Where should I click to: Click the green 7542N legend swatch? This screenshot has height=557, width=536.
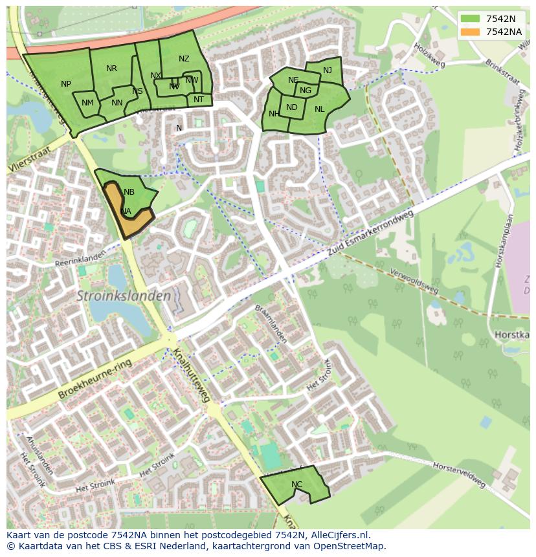pyautogui.click(x=471, y=19)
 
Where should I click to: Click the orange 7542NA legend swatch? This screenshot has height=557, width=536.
pyautogui.click(x=471, y=32)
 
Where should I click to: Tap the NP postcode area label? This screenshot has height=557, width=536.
pyautogui.click(x=66, y=84)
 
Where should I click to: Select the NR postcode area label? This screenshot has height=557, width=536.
pyautogui.click(x=111, y=69)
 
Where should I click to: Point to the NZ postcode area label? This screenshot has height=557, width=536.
pyautogui.click(x=184, y=59)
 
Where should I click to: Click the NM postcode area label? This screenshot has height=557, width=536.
pyautogui.click(x=88, y=103)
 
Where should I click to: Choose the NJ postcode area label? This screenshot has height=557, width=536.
pyautogui.click(x=328, y=71)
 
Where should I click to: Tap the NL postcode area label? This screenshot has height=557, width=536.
pyautogui.click(x=319, y=109)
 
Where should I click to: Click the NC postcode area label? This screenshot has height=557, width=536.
pyautogui.click(x=296, y=484)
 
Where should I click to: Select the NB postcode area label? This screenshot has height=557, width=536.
pyautogui.click(x=129, y=192)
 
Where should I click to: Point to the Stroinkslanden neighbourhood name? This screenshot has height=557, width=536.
pyautogui.click(x=124, y=296)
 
